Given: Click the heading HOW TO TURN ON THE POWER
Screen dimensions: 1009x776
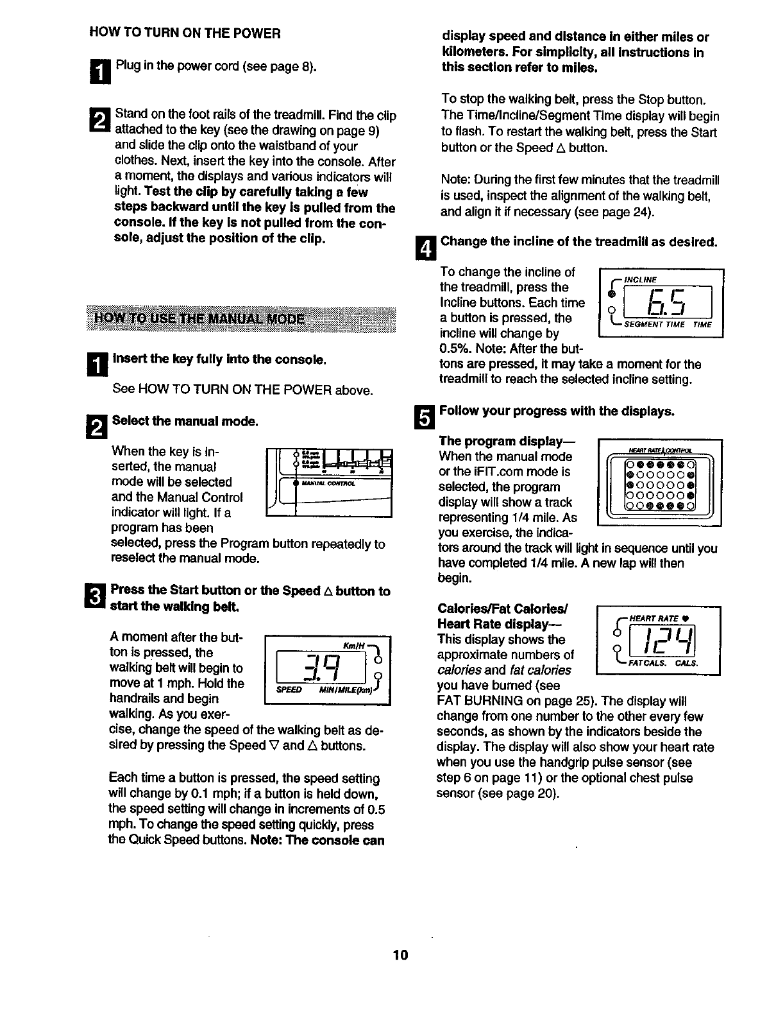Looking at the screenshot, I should click(185, 33).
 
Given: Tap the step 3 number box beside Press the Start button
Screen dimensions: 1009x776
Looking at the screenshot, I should click(94, 596).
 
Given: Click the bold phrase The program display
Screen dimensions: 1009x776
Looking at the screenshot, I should click(507, 441).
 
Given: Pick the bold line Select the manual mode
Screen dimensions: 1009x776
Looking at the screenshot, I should click(185, 421).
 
